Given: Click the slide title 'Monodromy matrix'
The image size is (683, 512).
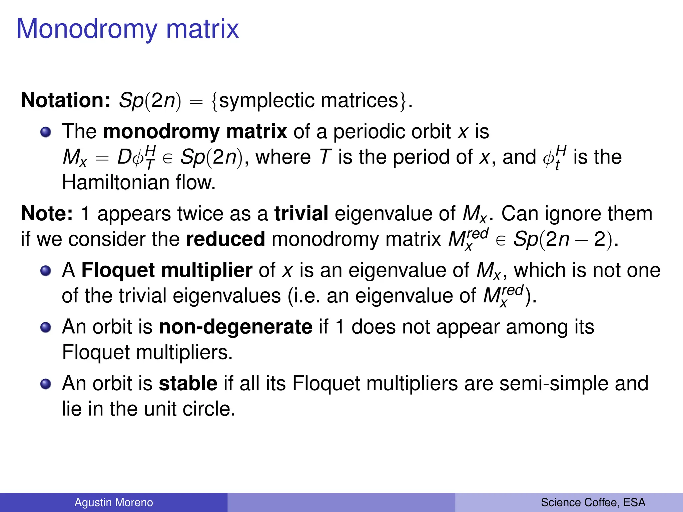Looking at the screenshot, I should pyautogui.click(x=127, y=29).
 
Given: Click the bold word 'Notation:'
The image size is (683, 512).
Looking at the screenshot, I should pyautogui.click(x=66, y=100).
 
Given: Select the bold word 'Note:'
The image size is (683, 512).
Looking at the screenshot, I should pyautogui.click(x=47, y=213).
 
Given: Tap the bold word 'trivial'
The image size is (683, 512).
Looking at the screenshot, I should pyautogui.click(x=301, y=213).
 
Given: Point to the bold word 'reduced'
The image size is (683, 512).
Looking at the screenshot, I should pyautogui.click(x=225, y=239).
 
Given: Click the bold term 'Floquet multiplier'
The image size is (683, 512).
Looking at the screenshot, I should pyautogui.click(x=167, y=270).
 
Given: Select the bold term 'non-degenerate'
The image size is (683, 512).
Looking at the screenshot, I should pyautogui.click(x=235, y=327).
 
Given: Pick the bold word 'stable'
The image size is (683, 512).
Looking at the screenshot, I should pyautogui.click(x=188, y=383).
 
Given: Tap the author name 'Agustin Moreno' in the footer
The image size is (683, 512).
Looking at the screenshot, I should pyautogui.click(x=114, y=502).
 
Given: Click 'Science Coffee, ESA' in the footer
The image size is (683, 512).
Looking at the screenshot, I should pyautogui.click(x=593, y=502).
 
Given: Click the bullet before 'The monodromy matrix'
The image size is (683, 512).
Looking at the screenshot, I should pyautogui.click(x=46, y=132).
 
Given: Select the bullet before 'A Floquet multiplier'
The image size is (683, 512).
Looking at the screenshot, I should pyautogui.click(x=46, y=271).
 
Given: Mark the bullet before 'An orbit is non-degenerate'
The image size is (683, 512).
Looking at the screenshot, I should pyautogui.click(x=46, y=327).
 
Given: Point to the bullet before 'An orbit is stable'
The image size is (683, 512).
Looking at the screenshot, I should pyautogui.click(x=46, y=384).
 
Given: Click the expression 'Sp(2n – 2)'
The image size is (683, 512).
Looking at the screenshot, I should pyautogui.click(x=563, y=239).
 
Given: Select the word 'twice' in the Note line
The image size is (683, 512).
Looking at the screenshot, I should pyautogui.click(x=197, y=213).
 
